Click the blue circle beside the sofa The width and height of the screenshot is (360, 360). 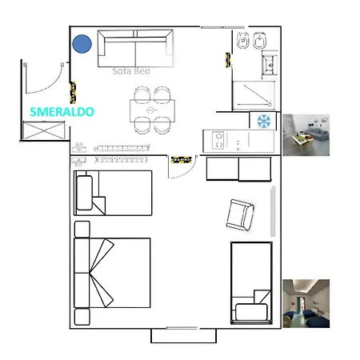(x=82, y=44)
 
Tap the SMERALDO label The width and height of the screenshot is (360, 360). (x=62, y=112)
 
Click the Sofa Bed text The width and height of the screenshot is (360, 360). (x=131, y=71)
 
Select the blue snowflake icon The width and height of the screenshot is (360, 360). (x=264, y=121)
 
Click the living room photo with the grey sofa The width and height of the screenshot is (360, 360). (x=306, y=135)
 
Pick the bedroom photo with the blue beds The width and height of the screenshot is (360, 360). (x=306, y=303)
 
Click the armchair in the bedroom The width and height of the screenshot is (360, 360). (x=241, y=215)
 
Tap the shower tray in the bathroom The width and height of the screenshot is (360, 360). (x=254, y=95)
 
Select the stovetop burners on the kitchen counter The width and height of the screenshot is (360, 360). (x=218, y=141)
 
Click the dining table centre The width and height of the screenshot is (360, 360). (x=152, y=110)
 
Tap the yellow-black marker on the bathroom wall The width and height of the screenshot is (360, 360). (x=228, y=60)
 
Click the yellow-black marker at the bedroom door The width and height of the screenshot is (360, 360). (x=182, y=159)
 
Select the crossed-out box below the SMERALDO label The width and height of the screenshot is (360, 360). (x=44, y=130)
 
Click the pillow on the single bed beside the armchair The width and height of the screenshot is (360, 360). (x=251, y=312)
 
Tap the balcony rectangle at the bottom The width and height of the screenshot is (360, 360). (x=184, y=336)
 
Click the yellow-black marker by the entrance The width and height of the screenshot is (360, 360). (x=73, y=93)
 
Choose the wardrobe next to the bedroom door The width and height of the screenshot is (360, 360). (x=239, y=169)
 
